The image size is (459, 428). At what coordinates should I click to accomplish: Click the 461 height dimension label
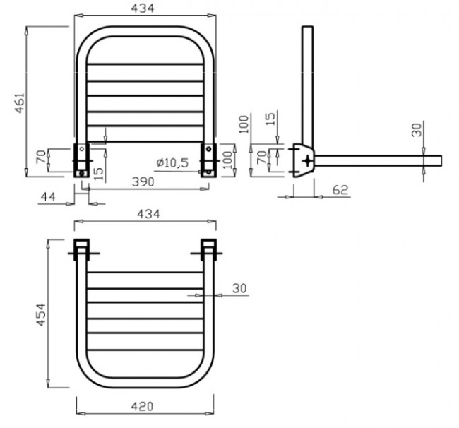[x=20, y=102]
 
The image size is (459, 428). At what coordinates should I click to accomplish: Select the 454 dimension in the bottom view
[x=41, y=314]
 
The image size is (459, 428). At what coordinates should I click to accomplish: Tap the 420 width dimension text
[x=142, y=406]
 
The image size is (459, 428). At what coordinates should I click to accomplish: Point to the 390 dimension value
[x=143, y=182]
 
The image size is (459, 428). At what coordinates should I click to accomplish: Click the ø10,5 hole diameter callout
[x=172, y=162]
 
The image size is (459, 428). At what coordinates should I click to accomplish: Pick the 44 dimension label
[x=48, y=197]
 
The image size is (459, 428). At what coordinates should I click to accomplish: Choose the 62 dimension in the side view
[x=340, y=190]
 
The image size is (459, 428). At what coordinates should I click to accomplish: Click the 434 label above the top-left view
[x=143, y=8]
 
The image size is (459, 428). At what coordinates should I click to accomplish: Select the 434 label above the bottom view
[x=149, y=214]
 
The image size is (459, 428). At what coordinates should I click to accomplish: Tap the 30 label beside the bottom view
[x=240, y=288]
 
